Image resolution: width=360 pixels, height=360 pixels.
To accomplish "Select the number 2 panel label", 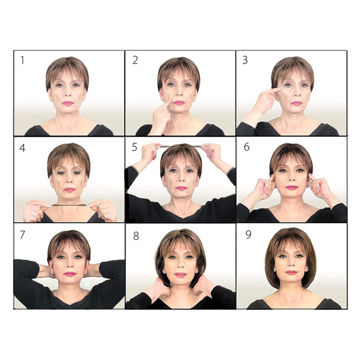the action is click(135, 60).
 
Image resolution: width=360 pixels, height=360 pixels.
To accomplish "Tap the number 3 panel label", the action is click(245, 60).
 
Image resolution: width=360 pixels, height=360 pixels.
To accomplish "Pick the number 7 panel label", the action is click(22, 235).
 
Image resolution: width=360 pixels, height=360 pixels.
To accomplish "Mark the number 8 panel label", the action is click(136, 236).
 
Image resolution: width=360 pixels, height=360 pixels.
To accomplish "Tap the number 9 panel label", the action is click(248, 235).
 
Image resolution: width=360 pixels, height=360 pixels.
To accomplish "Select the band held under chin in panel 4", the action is click(69, 205).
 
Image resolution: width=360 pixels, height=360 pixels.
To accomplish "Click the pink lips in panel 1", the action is click(68, 103).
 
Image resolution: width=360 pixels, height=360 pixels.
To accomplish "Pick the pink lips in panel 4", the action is click(70, 190).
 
